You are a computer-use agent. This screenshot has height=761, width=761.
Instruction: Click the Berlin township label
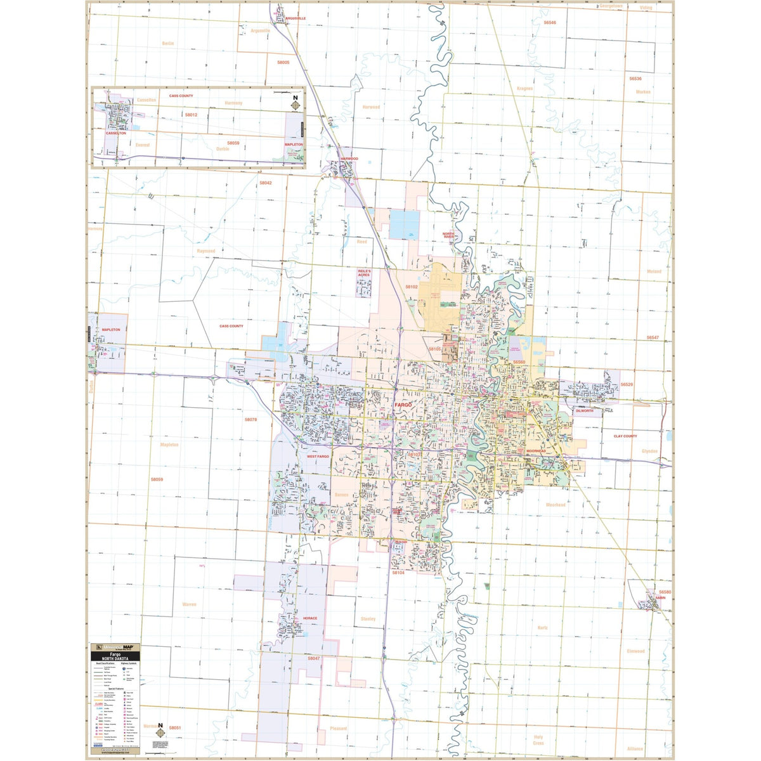(167, 43)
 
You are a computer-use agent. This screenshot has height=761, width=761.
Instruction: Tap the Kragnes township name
(524, 88)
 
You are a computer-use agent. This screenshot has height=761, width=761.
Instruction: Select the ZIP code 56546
(549, 22)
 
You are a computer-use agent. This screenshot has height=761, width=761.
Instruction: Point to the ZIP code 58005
(283, 62)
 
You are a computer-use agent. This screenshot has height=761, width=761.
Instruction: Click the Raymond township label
(206, 251)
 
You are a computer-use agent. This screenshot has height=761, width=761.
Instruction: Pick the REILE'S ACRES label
(363, 271)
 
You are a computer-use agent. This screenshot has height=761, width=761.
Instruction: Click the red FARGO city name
(403, 404)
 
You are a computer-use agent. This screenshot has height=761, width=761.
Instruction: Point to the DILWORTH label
(584, 411)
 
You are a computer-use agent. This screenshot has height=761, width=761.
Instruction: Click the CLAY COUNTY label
(625, 436)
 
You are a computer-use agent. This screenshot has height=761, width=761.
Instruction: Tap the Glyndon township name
(649, 451)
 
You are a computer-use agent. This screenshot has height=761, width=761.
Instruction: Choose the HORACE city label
(309, 618)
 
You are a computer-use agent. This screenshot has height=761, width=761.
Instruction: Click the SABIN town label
(661, 597)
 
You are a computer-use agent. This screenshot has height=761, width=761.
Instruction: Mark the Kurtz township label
(542, 627)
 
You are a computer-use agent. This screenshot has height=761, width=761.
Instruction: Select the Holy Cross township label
(538, 739)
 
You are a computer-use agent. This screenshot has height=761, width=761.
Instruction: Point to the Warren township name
(189, 604)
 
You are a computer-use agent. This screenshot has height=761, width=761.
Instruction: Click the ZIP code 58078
(250, 420)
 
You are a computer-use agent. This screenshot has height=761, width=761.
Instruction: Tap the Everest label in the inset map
(143, 145)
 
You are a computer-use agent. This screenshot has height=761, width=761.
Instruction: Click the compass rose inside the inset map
(295, 104)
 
